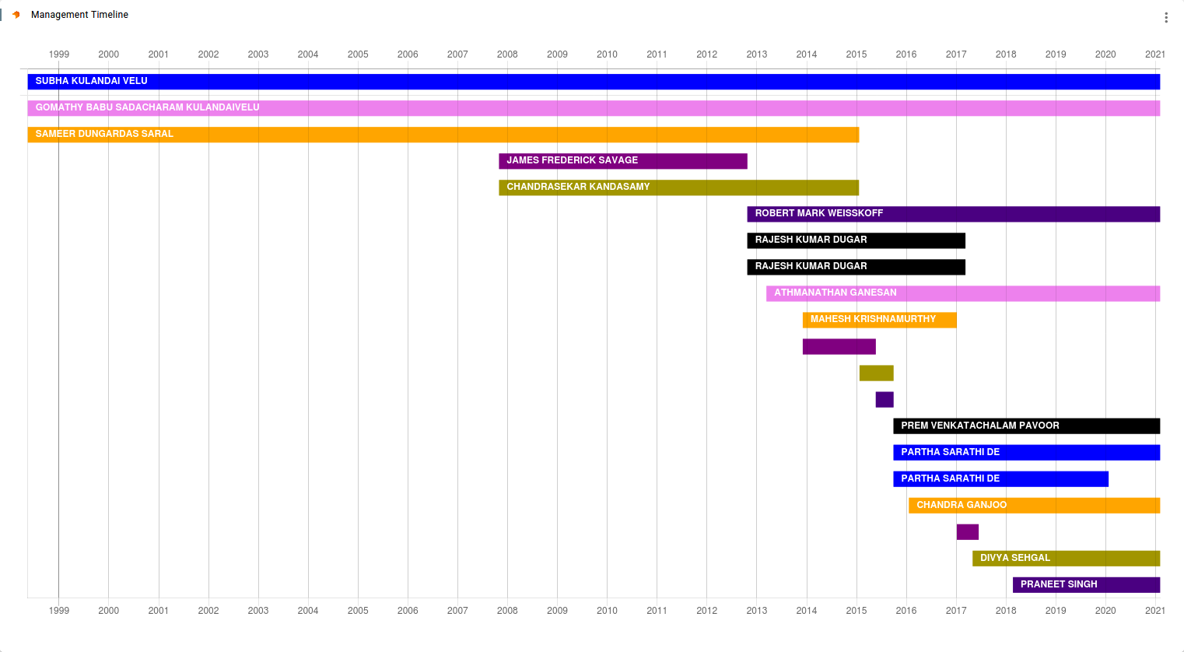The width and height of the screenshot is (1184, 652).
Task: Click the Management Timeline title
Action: (x=79, y=15)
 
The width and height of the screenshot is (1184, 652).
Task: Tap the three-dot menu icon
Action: (x=1165, y=17)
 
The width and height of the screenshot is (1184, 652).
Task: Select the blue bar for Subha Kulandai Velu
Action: (x=593, y=82)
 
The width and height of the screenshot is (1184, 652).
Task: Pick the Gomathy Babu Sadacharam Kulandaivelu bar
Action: (x=593, y=108)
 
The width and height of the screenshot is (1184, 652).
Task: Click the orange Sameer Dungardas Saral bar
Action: (x=443, y=135)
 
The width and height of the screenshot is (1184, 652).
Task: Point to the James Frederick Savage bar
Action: (x=622, y=161)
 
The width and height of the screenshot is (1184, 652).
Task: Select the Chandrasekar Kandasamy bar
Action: (x=678, y=188)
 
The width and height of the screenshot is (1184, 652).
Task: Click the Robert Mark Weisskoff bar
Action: (x=953, y=214)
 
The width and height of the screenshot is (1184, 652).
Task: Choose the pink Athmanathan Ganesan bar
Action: (x=962, y=293)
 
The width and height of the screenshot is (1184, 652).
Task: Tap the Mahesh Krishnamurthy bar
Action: (x=879, y=320)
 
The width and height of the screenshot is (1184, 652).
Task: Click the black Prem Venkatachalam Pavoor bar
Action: (x=1026, y=426)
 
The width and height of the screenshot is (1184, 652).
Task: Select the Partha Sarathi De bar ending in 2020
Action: (x=1000, y=479)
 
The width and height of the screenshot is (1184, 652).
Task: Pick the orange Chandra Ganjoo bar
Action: (x=1034, y=506)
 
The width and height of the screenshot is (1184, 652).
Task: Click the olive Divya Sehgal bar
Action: (x=1066, y=559)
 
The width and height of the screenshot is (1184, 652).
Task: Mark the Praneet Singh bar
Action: (x=1086, y=585)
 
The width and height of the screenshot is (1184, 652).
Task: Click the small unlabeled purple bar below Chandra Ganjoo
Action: (x=967, y=532)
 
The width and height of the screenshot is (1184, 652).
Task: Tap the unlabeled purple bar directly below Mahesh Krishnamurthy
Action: (x=839, y=346)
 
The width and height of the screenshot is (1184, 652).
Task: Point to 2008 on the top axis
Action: (x=507, y=54)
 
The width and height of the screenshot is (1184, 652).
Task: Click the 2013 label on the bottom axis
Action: (x=756, y=611)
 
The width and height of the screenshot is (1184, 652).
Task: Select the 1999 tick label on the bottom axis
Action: (x=59, y=611)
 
